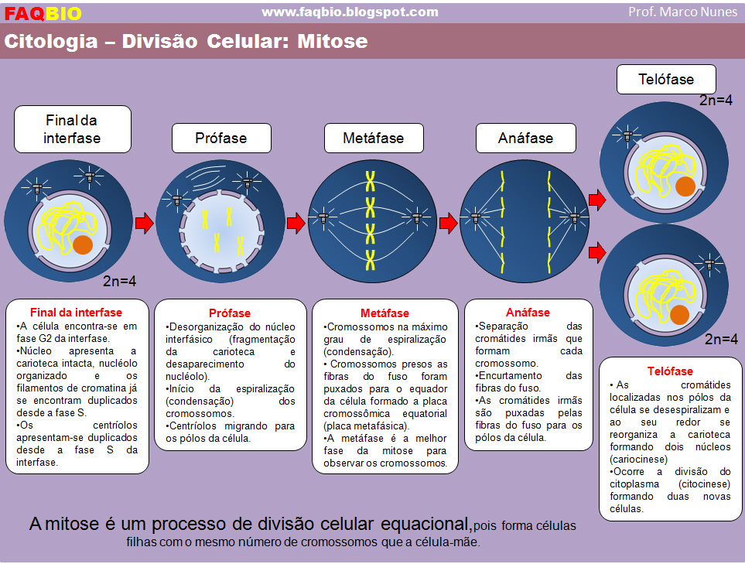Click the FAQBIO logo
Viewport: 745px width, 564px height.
point(43,13)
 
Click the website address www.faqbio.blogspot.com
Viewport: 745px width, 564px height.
point(350,12)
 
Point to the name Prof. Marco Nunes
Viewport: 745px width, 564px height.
point(682,12)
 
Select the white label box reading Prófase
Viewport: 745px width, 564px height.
point(221,138)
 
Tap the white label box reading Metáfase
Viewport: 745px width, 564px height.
point(374,138)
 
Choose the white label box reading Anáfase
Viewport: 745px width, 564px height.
point(525,138)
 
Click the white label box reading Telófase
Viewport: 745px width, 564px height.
point(666,80)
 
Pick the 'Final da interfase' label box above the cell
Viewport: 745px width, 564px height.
point(73,129)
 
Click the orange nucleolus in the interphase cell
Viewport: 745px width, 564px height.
point(83,244)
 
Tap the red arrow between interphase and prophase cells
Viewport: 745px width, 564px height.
point(145,223)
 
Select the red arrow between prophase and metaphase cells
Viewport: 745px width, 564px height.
point(296,223)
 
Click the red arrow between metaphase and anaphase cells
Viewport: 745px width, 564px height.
point(448,223)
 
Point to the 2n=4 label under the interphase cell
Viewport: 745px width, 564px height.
point(120,282)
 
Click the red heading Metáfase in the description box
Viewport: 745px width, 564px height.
point(384,313)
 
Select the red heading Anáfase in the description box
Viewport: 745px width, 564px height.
point(528,313)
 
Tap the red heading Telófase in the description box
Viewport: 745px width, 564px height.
point(670,371)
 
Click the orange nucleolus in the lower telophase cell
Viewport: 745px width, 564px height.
point(679,315)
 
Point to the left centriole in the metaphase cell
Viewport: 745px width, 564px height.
point(323,218)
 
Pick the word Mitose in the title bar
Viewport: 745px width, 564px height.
point(333,41)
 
